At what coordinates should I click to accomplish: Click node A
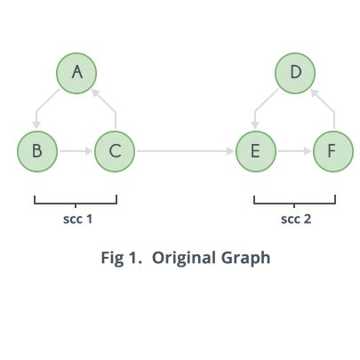point(76,73)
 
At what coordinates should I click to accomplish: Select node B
point(36,151)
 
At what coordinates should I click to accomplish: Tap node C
point(115,151)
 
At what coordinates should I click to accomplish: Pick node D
point(296,73)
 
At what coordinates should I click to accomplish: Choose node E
point(255,151)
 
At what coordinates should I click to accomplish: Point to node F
point(332,151)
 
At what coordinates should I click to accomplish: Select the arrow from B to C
point(76,151)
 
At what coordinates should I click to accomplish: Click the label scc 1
point(76,219)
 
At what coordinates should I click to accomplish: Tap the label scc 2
point(295,219)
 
